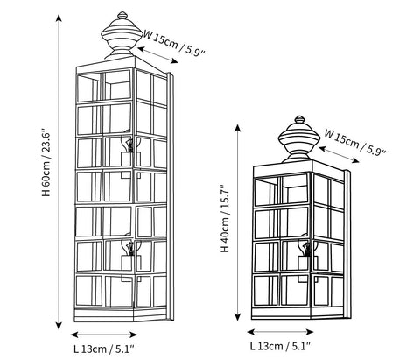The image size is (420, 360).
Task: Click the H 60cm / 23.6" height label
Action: [47, 162]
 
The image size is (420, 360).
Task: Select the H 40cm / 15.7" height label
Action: [226, 218]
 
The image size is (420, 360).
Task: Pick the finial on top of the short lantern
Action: [298, 138]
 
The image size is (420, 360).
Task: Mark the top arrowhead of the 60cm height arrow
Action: [59, 18]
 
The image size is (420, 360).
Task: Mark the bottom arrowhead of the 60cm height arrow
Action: [59, 326]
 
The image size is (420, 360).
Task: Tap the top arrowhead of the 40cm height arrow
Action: [238, 128]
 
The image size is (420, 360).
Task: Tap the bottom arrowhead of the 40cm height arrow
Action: [238, 316]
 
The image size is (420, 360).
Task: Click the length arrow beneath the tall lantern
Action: [104, 335]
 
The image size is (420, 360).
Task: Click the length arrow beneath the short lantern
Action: [280, 332]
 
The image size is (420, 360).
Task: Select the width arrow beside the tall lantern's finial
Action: [157, 55]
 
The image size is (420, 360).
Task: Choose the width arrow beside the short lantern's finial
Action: [339, 154]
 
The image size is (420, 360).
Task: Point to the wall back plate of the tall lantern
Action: [171, 196]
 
